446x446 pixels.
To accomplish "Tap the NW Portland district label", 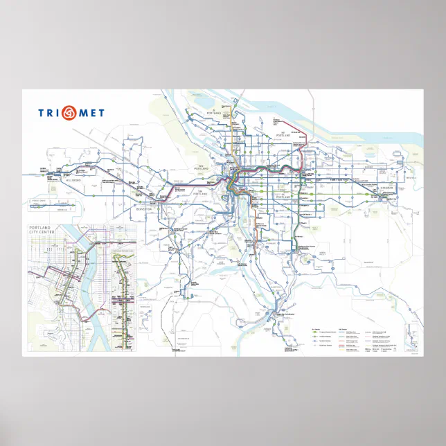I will coord(202,167).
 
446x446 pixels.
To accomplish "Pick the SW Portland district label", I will coord(203,192).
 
